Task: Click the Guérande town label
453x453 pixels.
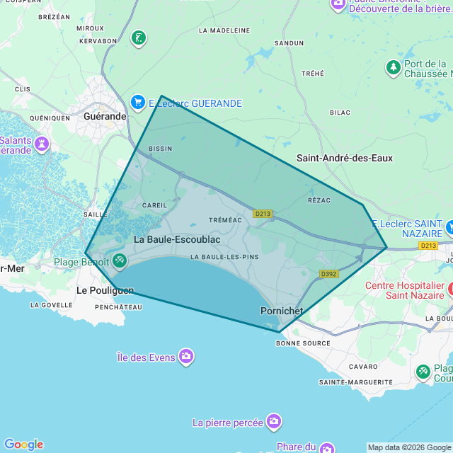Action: click(x=104, y=116)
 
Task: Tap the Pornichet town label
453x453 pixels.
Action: click(x=282, y=311)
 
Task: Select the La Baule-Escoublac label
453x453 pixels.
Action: click(x=177, y=239)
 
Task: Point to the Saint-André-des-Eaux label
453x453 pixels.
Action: click(x=345, y=158)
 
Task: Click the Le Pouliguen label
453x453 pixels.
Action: click(x=105, y=290)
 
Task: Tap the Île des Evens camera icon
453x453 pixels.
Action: click(x=186, y=356)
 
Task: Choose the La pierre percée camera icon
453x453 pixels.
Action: click(x=274, y=422)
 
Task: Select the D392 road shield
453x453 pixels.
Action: click(x=329, y=274)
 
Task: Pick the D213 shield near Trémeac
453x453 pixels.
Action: click(x=263, y=213)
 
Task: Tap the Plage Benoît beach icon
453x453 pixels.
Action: click(x=119, y=261)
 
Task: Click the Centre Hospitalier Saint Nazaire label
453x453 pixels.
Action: click(x=404, y=291)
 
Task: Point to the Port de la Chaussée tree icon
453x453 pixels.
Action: click(x=393, y=68)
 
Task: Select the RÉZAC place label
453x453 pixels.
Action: click(x=319, y=200)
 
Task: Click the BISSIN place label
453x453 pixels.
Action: click(x=161, y=149)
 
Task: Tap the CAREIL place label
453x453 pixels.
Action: click(x=155, y=205)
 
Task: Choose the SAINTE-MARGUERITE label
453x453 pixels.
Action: click(x=355, y=382)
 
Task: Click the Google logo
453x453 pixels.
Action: click(x=23, y=445)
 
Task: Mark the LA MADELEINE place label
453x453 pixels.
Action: click(x=224, y=30)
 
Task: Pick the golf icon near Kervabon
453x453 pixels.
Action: click(x=139, y=38)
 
